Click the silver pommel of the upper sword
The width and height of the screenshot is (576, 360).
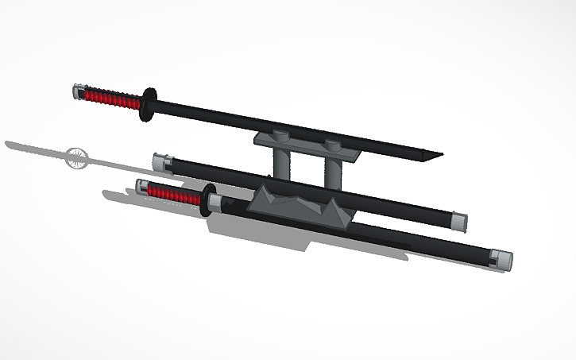tap(78, 91)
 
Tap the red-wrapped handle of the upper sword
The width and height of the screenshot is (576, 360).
tap(111, 99)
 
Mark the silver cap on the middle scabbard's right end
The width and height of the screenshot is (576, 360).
tap(458, 219)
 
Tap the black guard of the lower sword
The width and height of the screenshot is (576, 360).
tap(209, 199)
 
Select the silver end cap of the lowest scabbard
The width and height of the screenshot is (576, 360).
tap(501, 260)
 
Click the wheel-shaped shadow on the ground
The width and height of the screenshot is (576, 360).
tap(77, 156)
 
